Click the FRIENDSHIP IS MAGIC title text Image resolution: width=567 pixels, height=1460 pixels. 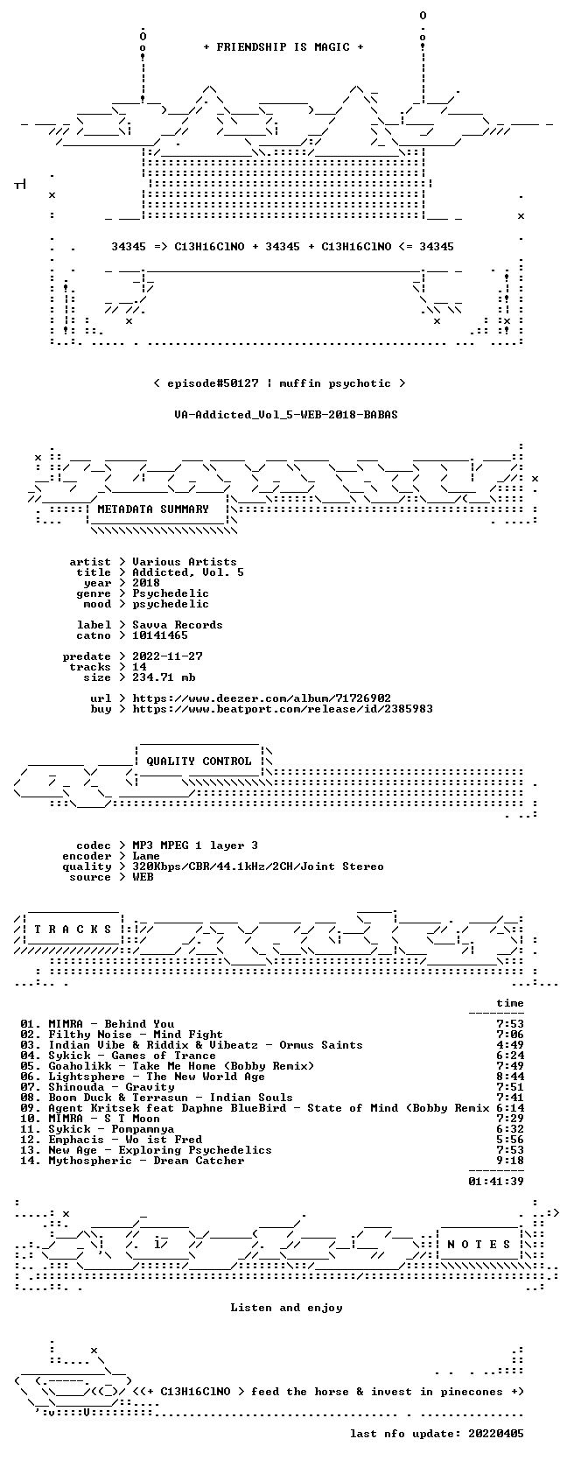point(283,47)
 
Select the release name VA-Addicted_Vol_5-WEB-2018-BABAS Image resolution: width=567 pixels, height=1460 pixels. point(286,415)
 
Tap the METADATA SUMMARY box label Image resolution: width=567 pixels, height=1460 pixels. point(153,509)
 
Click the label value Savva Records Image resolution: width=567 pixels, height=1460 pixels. point(178,624)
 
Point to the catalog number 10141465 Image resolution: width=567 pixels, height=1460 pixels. point(159,635)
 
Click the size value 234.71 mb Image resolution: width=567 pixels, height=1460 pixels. point(164,677)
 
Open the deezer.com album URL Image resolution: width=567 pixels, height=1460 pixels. point(262,698)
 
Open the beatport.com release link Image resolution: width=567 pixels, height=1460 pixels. point(283,708)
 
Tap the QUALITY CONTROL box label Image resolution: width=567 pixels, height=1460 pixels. point(199,762)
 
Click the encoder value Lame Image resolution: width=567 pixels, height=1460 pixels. point(146,856)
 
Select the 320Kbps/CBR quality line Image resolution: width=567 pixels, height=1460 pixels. point(258,867)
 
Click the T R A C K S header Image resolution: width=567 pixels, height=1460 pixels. point(73,930)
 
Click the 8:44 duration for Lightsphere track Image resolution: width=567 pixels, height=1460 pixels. point(509,1076)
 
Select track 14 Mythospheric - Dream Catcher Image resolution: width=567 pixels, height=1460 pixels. point(132,1160)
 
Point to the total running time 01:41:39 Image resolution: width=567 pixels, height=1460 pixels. point(496,1181)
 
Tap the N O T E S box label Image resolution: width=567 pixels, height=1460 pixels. point(479,1245)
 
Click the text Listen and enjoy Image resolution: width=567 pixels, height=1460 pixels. point(286,1308)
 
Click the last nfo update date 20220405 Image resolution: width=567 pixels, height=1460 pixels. point(496,1433)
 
